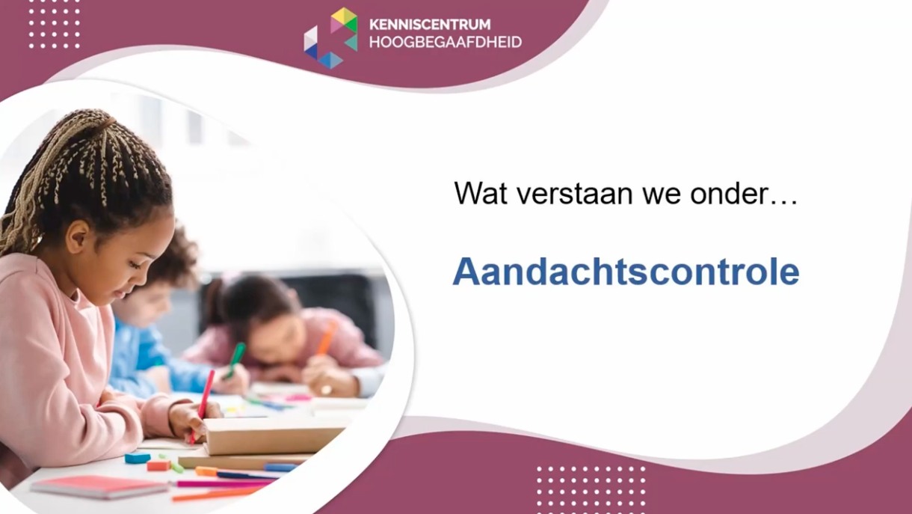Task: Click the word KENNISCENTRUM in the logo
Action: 430,25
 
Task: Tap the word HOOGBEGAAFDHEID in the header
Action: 445,42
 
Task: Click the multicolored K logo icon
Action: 330,37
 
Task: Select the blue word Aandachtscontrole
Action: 626,272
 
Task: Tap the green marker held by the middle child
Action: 236,357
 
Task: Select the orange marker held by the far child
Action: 327,337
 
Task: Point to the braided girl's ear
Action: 78,236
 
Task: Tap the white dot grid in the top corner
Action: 54,24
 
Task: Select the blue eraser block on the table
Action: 138,458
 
